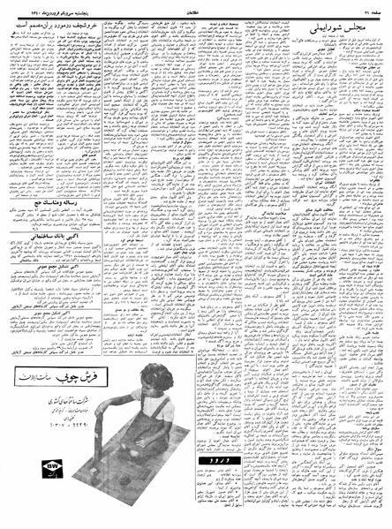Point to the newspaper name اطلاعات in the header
[195, 10]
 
